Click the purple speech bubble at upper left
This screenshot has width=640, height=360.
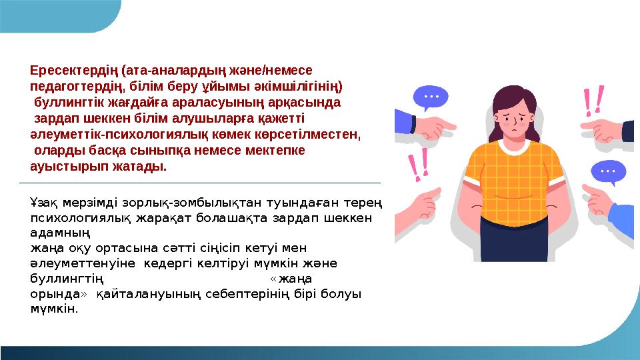click(x=430, y=98)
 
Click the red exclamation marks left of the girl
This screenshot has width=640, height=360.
click(x=417, y=165)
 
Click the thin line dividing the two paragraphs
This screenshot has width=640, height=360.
click(x=200, y=182)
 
